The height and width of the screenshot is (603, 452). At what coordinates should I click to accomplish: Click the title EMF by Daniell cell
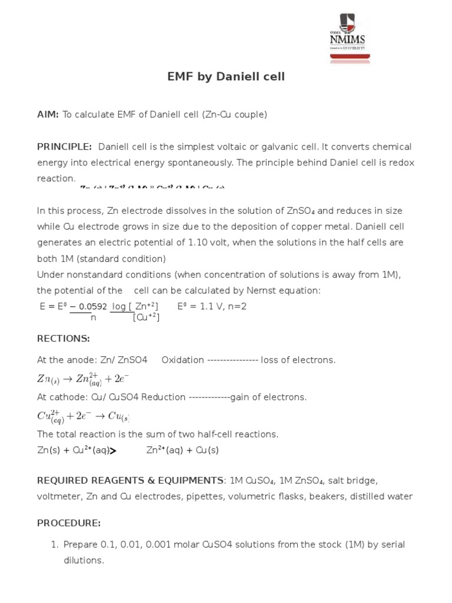coord(226,77)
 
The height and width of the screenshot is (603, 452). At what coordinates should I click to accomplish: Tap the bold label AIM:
coord(48,115)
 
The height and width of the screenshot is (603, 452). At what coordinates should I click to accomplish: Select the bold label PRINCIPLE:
coord(64,147)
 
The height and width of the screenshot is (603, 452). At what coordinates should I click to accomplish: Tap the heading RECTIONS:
coord(64,339)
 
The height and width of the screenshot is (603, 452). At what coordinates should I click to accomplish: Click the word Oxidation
coord(182,360)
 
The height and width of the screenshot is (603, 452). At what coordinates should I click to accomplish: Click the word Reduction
coord(167,397)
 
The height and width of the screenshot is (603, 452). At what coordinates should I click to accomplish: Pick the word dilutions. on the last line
coord(84,561)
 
